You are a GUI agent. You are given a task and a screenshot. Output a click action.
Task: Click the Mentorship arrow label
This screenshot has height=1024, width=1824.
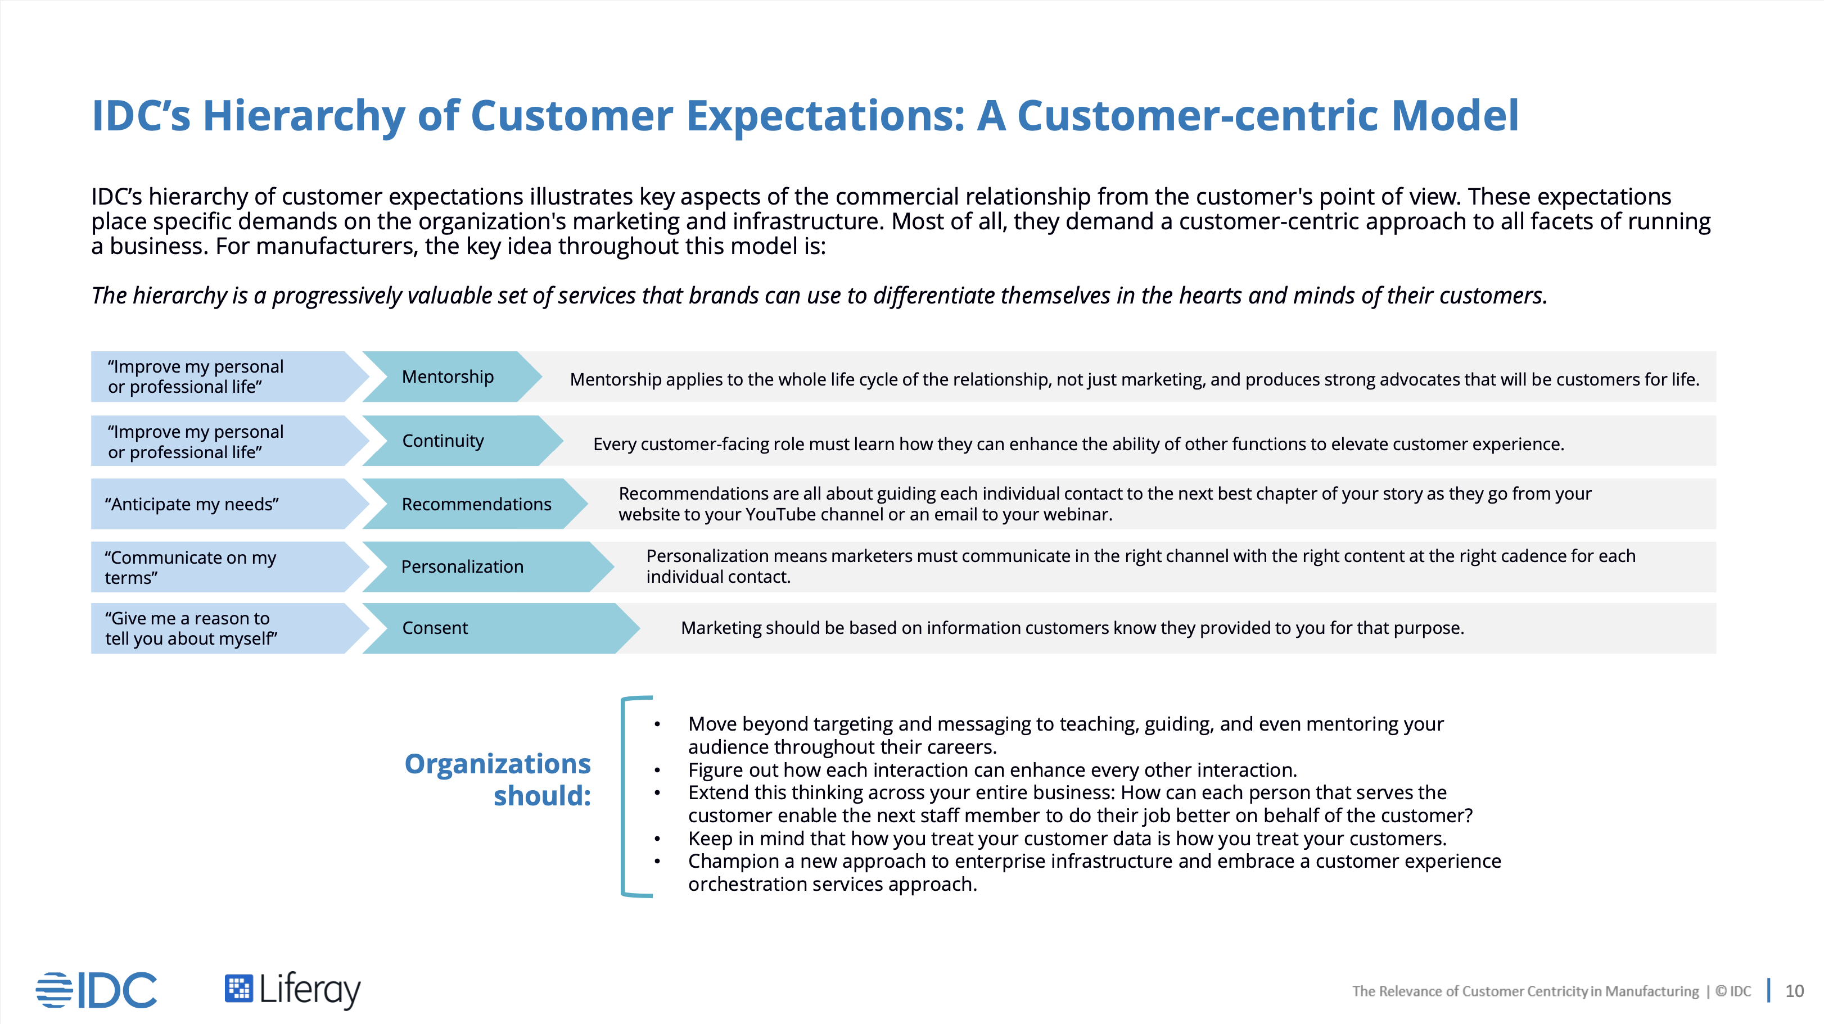click(x=448, y=377)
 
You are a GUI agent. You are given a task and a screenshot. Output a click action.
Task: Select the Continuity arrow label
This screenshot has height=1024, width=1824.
click(x=443, y=440)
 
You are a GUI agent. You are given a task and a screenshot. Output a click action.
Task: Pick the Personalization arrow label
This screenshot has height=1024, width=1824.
click(x=462, y=566)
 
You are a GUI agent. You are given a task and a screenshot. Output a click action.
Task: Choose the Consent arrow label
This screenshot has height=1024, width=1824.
click(x=435, y=628)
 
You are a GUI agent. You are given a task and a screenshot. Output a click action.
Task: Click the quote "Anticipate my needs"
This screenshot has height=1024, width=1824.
click(x=192, y=504)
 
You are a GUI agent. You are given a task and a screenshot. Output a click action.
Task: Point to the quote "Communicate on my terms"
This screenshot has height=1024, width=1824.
click(x=191, y=568)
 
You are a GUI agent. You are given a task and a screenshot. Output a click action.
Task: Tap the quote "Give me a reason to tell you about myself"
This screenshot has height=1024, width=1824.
click(x=191, y=628)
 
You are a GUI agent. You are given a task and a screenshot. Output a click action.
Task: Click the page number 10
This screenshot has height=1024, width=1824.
click(x=1794, y=991)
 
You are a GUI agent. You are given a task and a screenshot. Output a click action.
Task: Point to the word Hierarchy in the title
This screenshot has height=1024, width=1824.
click(x=304, y=115)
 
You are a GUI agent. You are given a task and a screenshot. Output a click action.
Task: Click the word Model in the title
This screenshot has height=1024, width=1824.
click(x=1455, y=115)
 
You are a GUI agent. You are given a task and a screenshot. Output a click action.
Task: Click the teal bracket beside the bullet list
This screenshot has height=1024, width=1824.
click(x=623, y=797)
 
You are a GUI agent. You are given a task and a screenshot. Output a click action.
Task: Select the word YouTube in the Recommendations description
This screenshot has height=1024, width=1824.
click(x=781, y=514)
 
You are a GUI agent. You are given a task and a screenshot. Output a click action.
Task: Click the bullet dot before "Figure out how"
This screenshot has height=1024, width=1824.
click(x=657, y=770)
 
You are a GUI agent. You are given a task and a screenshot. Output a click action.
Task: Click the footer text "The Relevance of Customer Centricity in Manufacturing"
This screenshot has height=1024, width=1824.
click(x=1525, y=991)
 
